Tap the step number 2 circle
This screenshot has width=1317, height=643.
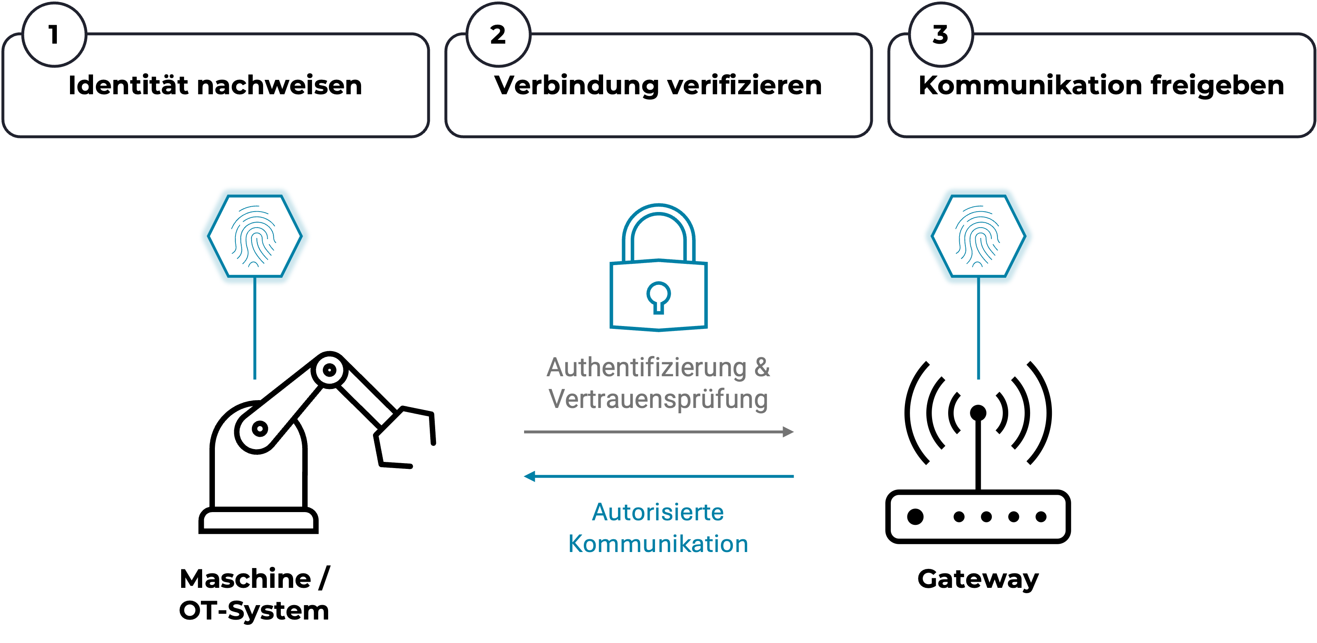click(x=498, y=35)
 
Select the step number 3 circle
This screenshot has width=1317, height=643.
click(x=941, y=35)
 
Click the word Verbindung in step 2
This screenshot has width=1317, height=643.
click(x=576, y=85)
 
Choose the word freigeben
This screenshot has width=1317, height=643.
click(x=1217, y=85)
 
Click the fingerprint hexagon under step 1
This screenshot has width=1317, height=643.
click(x=254, y=236)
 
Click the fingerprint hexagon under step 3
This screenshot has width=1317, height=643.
click(x=979, y=236)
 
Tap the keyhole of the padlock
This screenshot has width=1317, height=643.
click(x=659, y=297)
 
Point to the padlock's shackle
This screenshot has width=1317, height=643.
click(x=659, y=225)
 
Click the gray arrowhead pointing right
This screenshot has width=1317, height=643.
click(x=788, y=432)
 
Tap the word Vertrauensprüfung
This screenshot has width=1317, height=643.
click(x=658, y=399)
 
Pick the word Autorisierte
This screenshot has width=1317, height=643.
click(x=658, y=512)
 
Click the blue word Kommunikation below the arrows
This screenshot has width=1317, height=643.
click(x=658, y=544)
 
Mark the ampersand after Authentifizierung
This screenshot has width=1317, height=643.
click(x=762, y=368)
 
